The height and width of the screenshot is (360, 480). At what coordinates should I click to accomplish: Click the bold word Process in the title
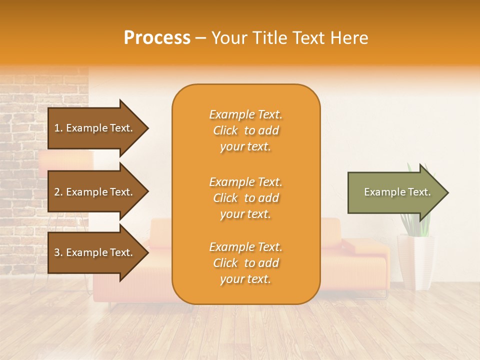[157, 38]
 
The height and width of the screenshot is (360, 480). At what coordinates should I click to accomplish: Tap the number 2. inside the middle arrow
[58, 192]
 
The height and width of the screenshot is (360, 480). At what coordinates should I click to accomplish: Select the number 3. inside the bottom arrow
[58, 252]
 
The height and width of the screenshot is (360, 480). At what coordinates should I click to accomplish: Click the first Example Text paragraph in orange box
[245, 130]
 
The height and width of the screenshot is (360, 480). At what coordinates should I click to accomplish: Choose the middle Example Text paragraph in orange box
[245, 197]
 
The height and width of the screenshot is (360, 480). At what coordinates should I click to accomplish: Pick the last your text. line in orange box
[245, 279]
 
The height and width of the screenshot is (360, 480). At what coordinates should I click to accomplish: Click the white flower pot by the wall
[415, 262]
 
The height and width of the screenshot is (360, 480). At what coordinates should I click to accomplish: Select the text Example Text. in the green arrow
[397, 192]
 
